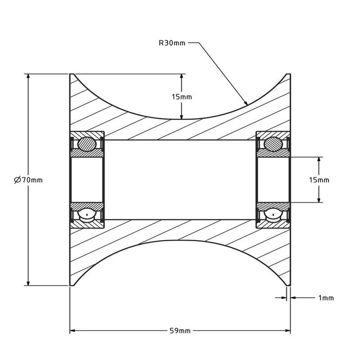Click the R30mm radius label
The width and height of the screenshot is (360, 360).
[172, 44]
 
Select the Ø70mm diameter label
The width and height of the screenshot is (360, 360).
[29, 179]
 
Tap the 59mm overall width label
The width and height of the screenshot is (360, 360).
[179, 331]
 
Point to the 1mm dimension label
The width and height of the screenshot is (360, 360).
[326, 298]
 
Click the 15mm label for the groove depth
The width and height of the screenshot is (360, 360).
[182, 97]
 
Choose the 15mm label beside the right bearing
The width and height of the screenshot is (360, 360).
[319, 180]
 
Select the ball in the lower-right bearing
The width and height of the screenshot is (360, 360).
[273, 215]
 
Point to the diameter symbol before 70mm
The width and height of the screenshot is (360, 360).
[17, 179]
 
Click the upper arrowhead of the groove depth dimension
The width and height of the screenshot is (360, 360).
[182, 77]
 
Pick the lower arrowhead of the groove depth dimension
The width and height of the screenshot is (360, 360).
[182, 116]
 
